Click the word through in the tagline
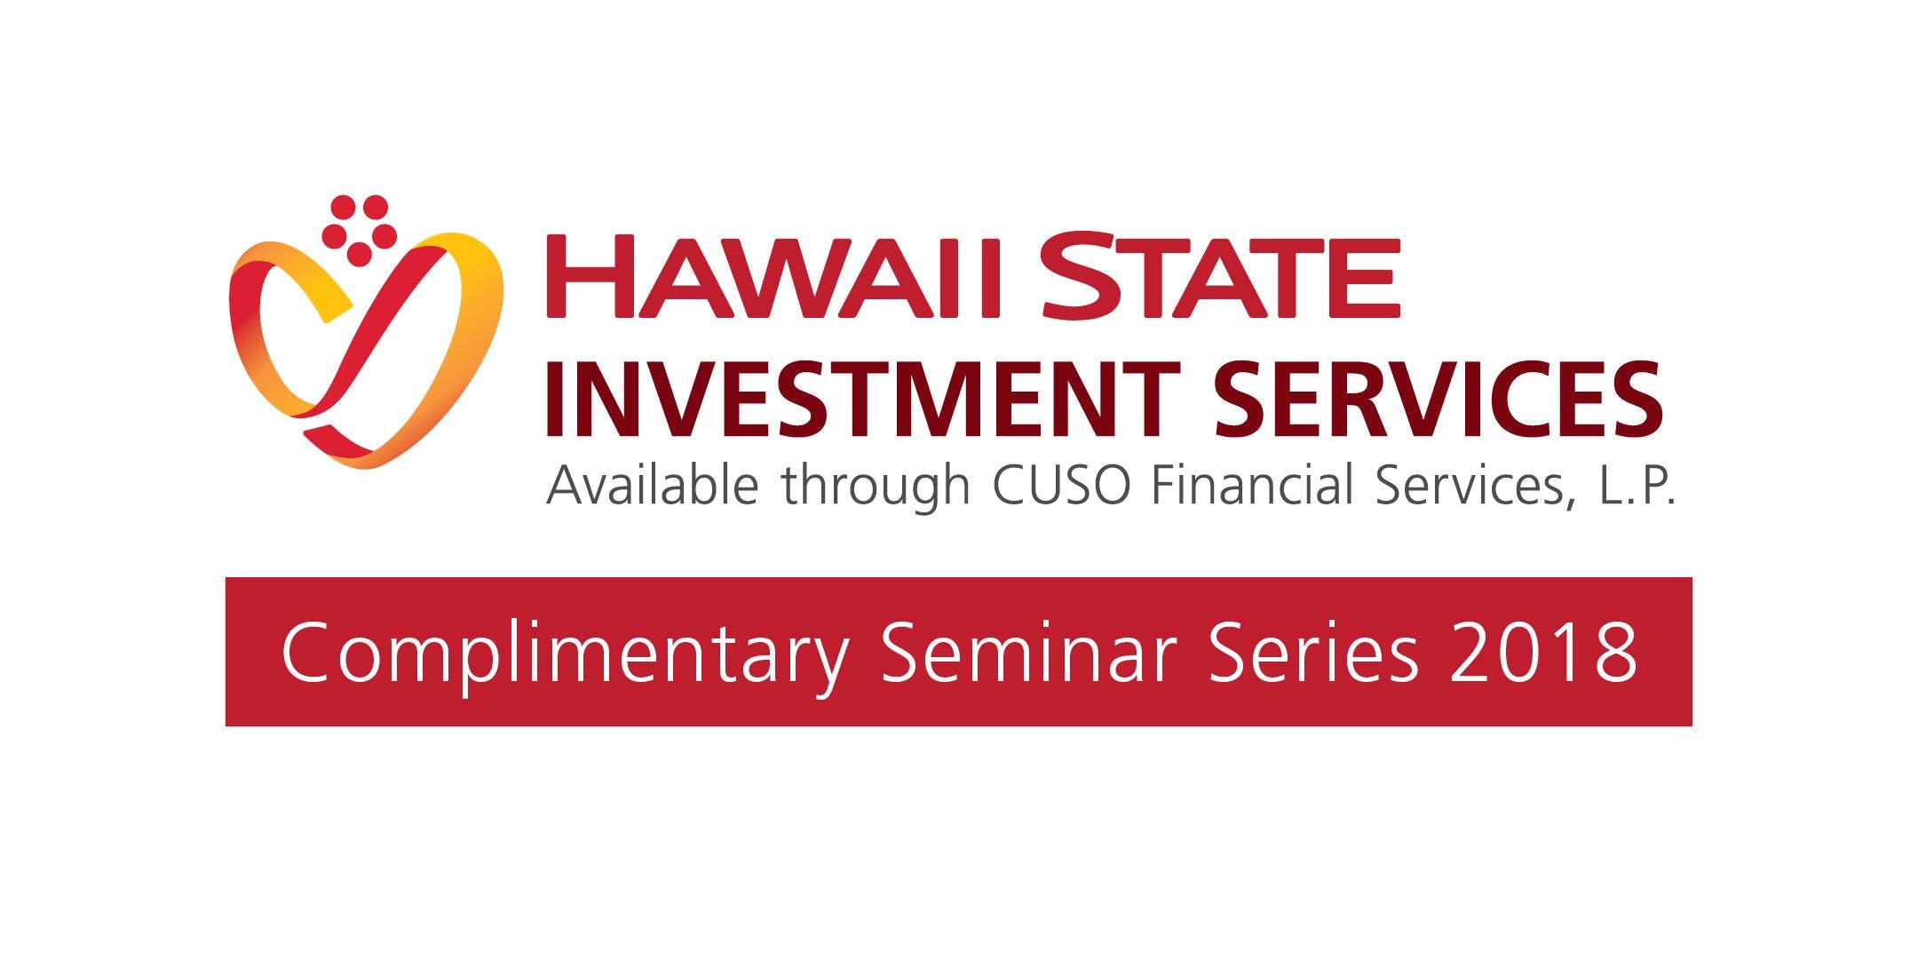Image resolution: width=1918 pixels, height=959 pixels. [876, 487]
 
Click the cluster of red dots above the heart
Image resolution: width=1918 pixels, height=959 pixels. [360, 230]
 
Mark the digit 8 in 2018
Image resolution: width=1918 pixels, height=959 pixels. [1613, 653]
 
